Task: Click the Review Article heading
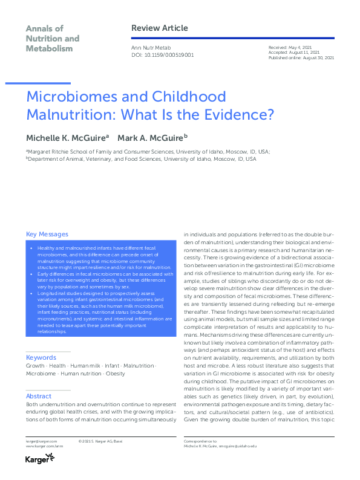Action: (159, 28)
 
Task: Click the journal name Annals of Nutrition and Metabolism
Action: (52, 38)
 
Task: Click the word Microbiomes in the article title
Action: (73, 97)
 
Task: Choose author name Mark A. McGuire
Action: (150, 138)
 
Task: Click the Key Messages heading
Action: (47, 235)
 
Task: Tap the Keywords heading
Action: (41, 358)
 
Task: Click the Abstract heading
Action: (39, 397)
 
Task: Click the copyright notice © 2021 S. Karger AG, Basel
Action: (100, 441)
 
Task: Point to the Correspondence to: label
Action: (199, 441)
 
